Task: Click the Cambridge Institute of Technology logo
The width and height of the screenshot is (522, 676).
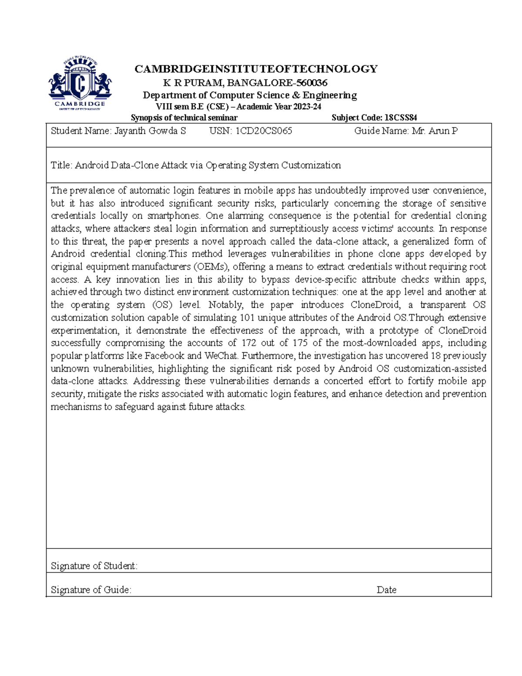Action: pos(80,84)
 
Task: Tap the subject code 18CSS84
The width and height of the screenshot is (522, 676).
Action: pos(401,118)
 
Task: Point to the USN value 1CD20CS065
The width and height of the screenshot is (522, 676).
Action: pos(264,131)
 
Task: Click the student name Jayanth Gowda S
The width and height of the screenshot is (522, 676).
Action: pos(150,131)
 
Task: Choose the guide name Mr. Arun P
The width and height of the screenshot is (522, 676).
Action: pos(435,131)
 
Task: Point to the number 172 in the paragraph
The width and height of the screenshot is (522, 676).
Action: pos(248,343)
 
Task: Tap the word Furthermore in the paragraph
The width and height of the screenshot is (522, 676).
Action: pos(269,356)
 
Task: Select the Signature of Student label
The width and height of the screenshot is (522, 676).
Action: pos(94,566)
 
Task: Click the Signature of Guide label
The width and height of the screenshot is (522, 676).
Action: pos(91,590)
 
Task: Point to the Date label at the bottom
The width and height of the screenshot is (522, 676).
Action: pos(386,590)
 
